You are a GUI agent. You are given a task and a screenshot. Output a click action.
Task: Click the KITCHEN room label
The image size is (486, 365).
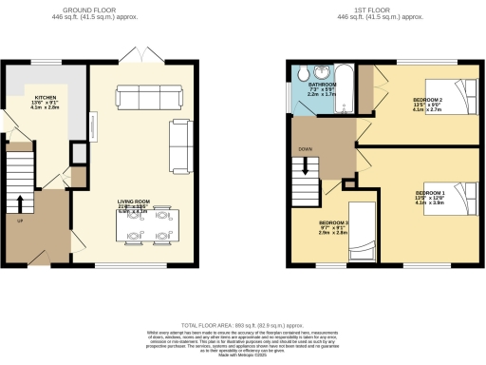tap(46, 98)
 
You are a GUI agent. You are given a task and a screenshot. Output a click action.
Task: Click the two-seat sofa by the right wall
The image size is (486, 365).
tap(178, 143)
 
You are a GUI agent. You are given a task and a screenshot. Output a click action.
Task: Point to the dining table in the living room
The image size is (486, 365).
tap(152, 225)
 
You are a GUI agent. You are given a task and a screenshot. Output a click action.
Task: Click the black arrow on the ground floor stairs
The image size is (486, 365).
tap(20, 204)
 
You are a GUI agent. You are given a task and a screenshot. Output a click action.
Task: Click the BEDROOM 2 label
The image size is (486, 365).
tap(428, 99)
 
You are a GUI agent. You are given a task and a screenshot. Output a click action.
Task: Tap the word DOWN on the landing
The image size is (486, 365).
tap(304, 148)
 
